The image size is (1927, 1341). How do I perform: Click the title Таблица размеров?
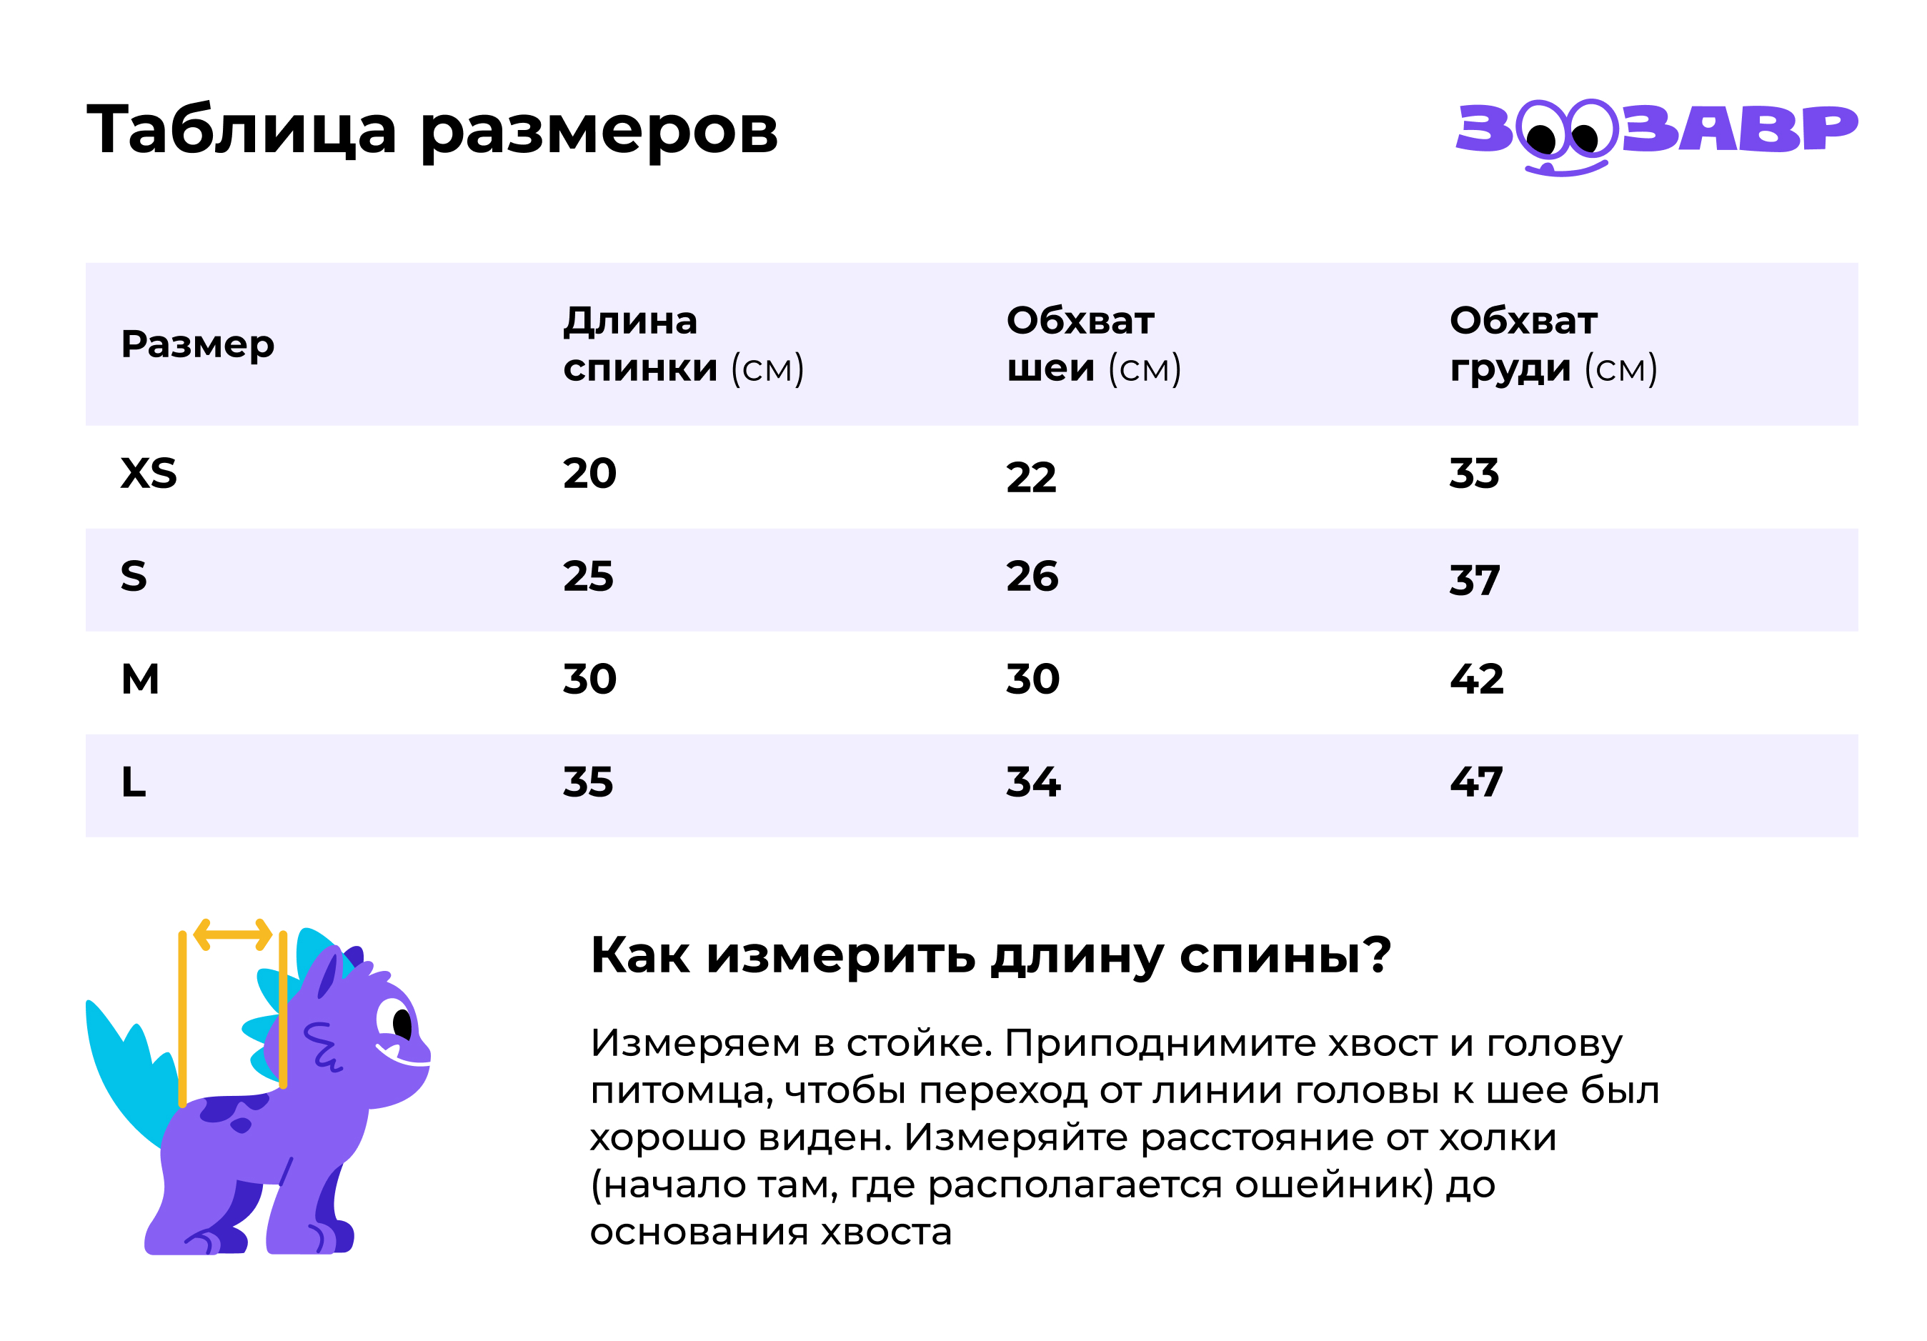432,130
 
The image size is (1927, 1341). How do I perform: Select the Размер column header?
197,344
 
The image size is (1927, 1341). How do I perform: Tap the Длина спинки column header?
682,344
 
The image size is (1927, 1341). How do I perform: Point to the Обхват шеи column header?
1092,344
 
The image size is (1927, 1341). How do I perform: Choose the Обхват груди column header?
1553,344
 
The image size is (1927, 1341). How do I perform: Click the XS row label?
149,473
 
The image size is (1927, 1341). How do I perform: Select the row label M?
140,679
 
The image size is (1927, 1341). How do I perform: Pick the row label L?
134,782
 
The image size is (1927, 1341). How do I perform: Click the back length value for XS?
589,473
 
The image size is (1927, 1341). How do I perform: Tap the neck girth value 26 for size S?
1032,577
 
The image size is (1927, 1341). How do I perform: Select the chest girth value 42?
1476,679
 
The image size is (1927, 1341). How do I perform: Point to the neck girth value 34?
1033,782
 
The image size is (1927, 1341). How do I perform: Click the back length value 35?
587,782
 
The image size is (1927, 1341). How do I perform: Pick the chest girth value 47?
1476,782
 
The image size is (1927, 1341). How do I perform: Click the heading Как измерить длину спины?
991,955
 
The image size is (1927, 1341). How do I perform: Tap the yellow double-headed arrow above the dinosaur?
232,934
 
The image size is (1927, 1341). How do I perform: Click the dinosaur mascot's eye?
401,1023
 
